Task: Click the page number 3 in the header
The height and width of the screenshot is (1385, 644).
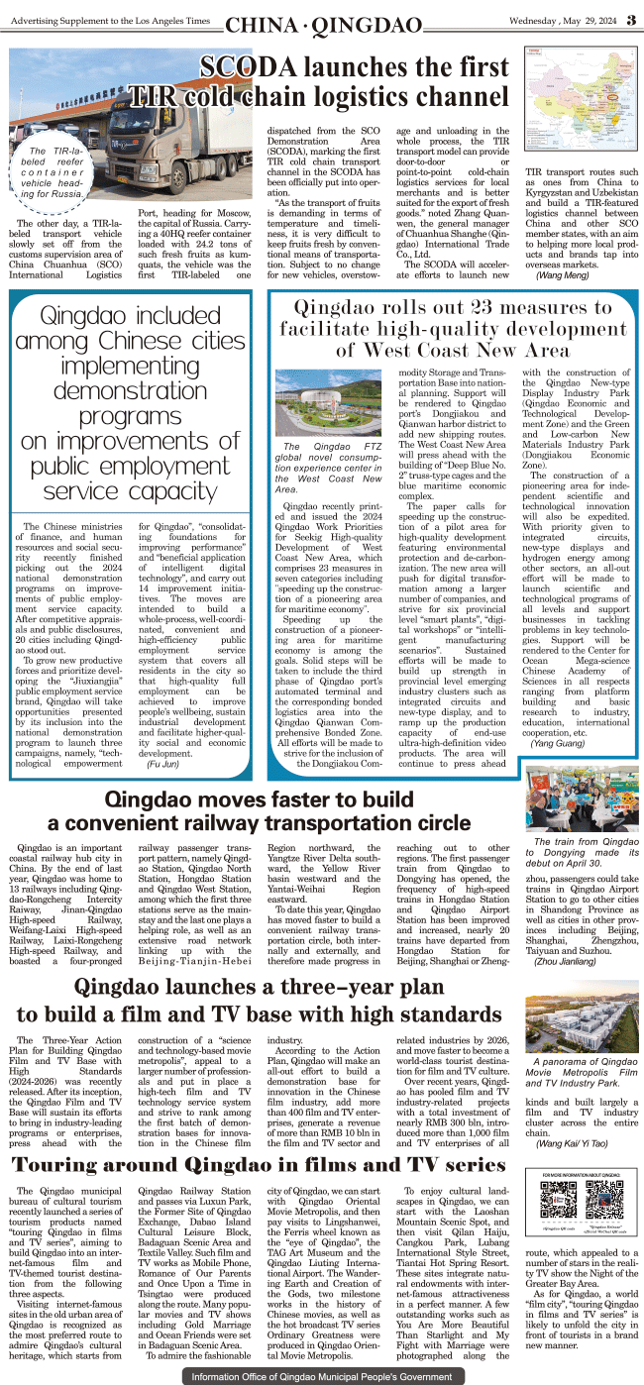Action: tap(630, 23)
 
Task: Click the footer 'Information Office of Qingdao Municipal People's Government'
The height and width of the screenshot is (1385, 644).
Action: tap(321, 1376)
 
